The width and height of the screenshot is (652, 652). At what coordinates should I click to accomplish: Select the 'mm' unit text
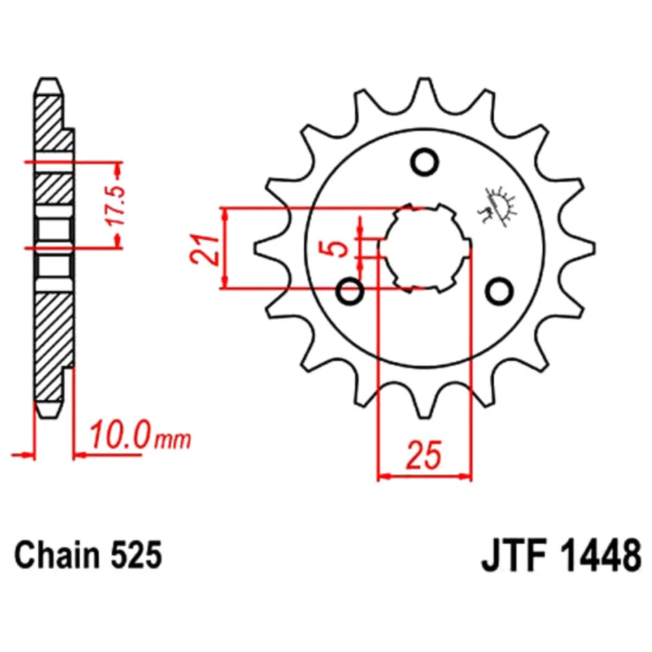click(173, 439)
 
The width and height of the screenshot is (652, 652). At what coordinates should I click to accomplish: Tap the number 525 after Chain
click(136, 555)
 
